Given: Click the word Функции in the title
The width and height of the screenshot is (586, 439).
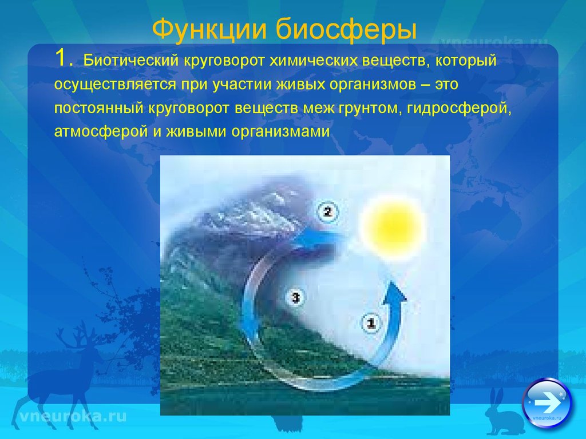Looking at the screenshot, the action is coord(209,29).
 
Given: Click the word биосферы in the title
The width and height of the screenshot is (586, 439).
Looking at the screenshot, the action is coord(346,30).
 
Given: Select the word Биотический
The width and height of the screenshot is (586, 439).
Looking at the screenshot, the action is coord(130,60).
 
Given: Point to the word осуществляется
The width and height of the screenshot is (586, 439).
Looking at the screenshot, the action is coord(115,85).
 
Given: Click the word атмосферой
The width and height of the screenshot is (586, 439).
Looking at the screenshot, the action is coord(101,132).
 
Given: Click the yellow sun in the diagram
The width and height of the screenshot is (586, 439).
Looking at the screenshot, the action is coord(393,227).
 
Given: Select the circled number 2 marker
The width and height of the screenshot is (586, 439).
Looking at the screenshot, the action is coord(328,212).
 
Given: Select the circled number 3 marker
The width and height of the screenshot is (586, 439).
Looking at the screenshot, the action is coord(296,297).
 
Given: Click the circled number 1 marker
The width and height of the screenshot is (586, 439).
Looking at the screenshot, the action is coord(371,322).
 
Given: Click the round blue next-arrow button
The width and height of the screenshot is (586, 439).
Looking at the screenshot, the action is coord(547,404).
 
